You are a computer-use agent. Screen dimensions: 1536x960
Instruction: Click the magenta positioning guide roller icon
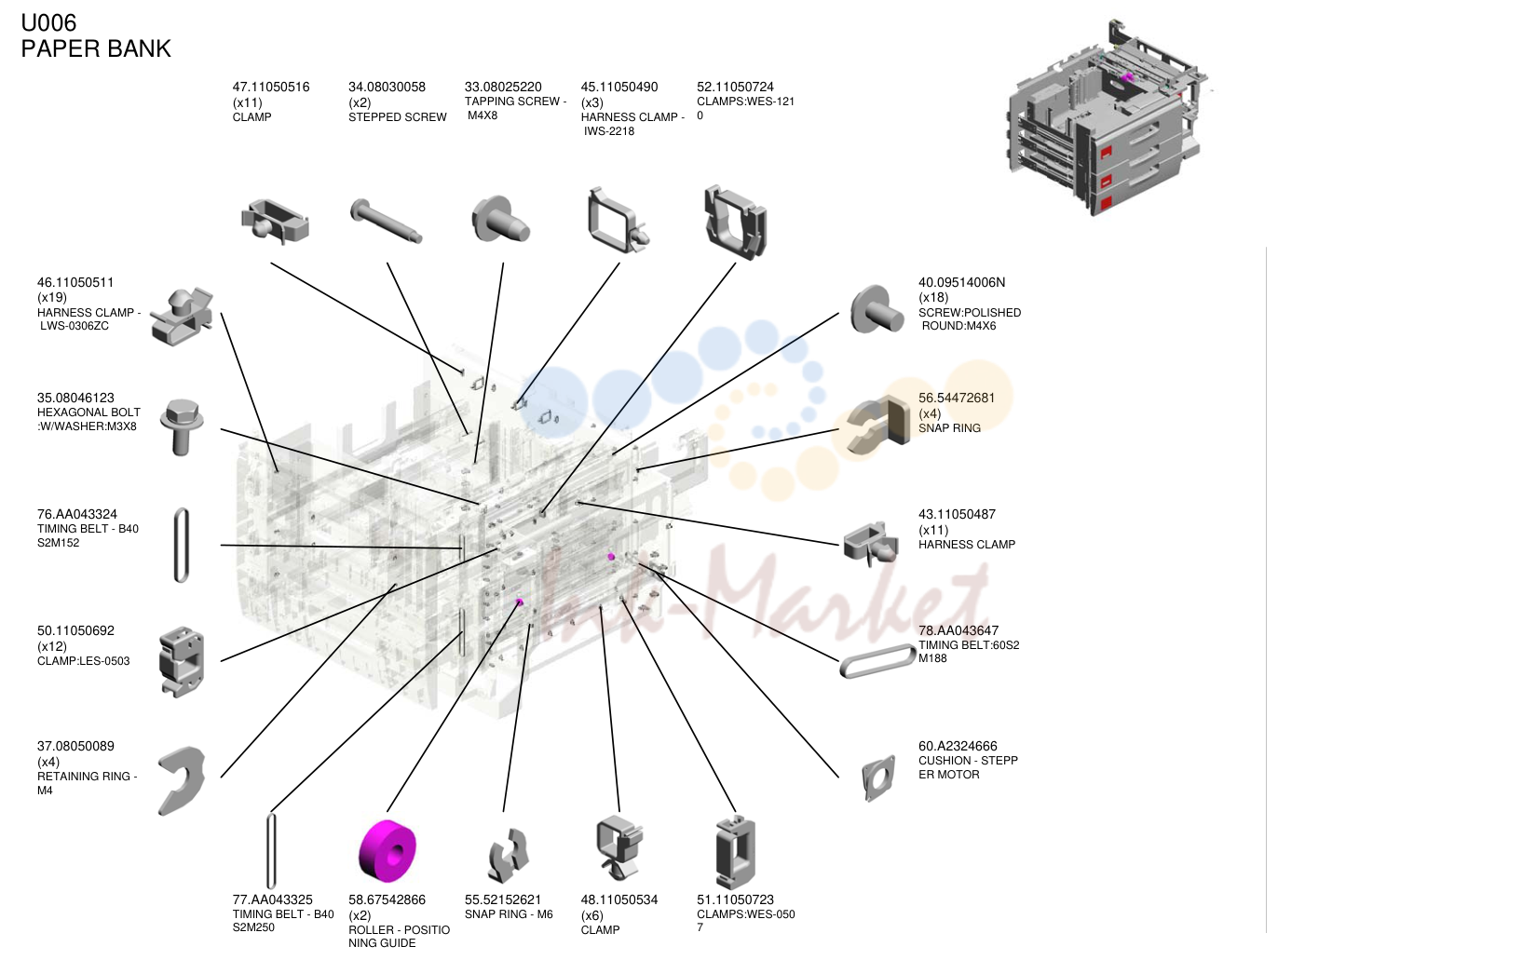click(387, 850)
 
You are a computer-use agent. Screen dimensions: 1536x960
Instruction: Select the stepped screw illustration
click(386, 220)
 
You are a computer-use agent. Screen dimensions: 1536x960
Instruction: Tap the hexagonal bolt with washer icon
click(182, 426)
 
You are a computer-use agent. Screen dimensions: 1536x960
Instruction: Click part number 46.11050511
click(75, 282)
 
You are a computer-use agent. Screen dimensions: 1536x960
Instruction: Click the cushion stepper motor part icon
click(878, 778)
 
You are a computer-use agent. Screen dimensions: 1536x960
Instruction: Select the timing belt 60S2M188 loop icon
click(877, 661)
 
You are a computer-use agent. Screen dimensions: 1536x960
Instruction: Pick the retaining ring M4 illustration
click(182, 781)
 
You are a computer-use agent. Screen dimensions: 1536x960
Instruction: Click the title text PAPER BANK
click(96, 48)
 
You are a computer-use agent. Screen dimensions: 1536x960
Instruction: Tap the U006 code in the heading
click(48, 23)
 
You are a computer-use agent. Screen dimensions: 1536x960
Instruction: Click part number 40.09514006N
click(961, 282)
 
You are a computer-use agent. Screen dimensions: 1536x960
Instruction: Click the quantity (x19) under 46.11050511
click(52, 297)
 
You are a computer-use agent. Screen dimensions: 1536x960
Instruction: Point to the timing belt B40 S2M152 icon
click(181, 546)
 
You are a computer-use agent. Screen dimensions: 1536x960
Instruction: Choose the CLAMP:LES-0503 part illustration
click(182, 662)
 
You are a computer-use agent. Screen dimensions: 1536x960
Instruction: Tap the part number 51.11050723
click(735, 899)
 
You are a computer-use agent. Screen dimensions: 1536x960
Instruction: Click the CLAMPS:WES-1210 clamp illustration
click(735, 222)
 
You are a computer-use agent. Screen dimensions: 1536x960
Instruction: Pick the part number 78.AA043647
click(958, 630)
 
